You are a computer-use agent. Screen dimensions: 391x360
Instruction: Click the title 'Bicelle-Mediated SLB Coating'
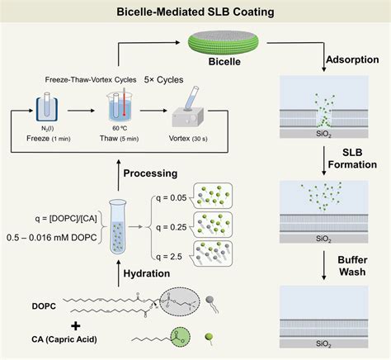click(x=195, y=12)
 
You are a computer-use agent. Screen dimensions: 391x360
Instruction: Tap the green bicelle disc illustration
click(x=224, y=43)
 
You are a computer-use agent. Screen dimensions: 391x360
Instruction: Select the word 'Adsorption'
click(x=352, y=59)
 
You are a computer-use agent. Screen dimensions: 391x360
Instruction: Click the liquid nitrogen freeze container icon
click(x=47, y=108)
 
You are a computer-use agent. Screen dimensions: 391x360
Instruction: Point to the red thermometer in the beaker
click(x=124, y=102)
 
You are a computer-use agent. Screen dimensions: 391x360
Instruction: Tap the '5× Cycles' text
click(x=163, y=80)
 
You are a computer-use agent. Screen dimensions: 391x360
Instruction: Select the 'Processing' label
click(x=150, y=173)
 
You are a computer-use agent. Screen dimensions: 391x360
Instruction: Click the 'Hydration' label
click(x=147, y=273)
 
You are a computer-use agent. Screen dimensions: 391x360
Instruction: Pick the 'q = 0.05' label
click(x=171, y=198)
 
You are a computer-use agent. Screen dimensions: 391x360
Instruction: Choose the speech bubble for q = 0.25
click(x=212, y=225)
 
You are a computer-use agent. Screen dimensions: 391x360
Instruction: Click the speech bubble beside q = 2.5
click(x=212, y=253)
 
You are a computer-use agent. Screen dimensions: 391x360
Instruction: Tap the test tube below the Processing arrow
click(x=118, y=226)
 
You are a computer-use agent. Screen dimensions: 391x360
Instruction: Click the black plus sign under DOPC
click(x=76, y=326)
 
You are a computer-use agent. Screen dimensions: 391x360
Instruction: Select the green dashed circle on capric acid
click(x=181, y=338)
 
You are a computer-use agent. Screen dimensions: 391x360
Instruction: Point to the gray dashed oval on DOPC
click(x=180, y=302)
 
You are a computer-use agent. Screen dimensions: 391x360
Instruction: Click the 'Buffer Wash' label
click(x=352, y=266)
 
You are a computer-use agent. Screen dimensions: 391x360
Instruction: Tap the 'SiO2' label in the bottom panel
click(x=323, y=343)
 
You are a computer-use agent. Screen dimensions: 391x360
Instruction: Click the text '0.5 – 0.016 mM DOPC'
click(x=52, y=238)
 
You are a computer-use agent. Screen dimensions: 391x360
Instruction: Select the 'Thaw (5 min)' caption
click(x=119, y=139)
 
